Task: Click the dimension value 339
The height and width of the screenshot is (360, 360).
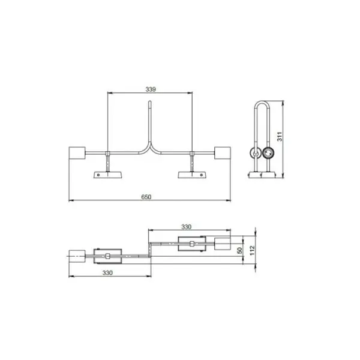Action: (x=151, y=89)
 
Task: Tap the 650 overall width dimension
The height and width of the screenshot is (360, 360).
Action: (x=146, y=197)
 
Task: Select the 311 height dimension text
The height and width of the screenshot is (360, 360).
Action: (x=280, y=137)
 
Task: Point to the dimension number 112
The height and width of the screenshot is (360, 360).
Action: (x=253, y=250)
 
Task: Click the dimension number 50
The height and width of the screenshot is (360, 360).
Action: (x=239, y=250)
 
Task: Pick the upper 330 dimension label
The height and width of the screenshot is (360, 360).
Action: (x=186, y=227)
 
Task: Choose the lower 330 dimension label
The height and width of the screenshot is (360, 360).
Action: (x=107, y=273)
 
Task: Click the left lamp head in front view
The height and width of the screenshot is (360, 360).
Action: (x=77, y=153)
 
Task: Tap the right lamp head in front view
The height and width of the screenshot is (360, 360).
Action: (x=223, y=153)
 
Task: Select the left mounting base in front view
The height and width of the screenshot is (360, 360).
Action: (x=107, y=175)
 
